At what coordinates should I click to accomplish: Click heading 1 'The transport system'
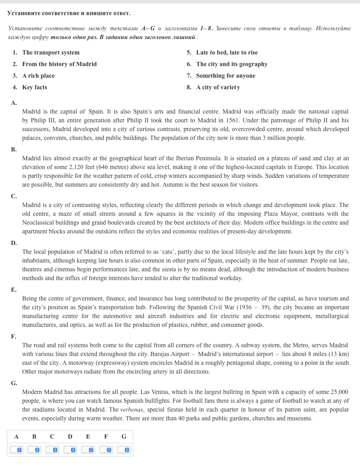tap(51, 52)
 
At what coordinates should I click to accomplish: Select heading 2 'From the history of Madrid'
tap(59, 64)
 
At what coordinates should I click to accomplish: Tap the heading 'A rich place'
tap(38, 76)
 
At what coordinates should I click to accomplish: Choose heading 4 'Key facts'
tap(34, 87)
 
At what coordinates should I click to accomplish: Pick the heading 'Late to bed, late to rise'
tap(227, 52)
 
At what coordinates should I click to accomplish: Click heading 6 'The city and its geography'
tap(232, 64)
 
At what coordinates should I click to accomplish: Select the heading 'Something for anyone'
tap(226, 76)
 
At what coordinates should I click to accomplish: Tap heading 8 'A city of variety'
tap(218, 87)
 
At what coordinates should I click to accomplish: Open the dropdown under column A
tap(16, 449)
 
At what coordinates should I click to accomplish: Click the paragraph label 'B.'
tap(14, 149)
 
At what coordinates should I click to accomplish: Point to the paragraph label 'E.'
tap(14, 290)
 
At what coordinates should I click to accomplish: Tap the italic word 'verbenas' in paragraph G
tap(131, 409)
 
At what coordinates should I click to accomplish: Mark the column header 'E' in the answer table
tap(88, 436)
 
